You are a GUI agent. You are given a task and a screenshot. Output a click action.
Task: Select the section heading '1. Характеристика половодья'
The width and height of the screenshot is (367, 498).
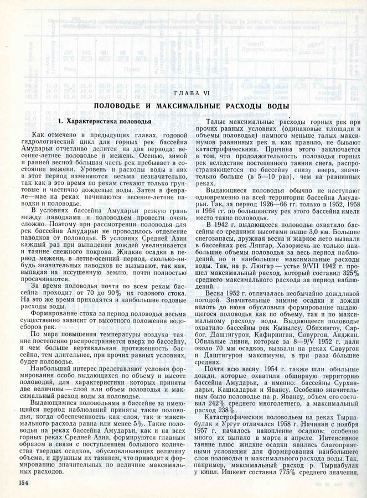105,121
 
